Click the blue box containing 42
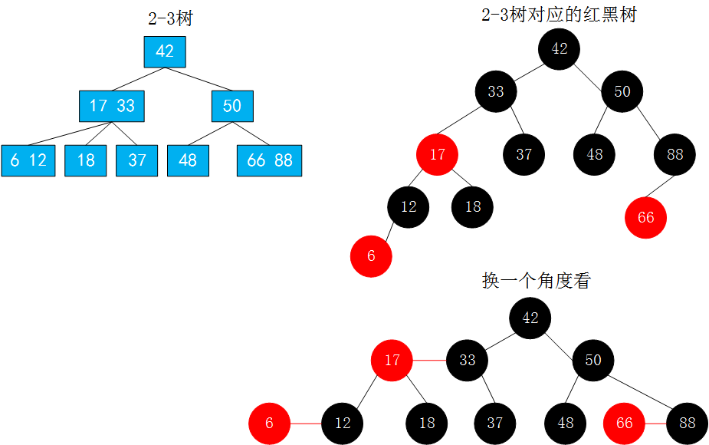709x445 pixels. tap(165, 51)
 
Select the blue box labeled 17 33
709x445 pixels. tap(112, 106)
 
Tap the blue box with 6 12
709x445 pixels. tap(28, 160)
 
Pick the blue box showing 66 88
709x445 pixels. tap(270, 160)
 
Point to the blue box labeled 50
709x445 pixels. tap(232, 106)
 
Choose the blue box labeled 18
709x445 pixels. tap(85, 160)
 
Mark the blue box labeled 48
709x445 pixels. tap(188, 160)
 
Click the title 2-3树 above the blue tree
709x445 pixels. tap(170, 18)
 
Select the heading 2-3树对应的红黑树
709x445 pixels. tap(559, 14)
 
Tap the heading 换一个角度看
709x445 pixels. tap(537, 280)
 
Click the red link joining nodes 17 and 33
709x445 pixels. tap(429, 359)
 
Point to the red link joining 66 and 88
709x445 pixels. tap(655, 423)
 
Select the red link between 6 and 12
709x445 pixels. tap(306, 423)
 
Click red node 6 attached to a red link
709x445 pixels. tap(269, 423)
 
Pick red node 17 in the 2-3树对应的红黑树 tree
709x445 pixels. tap(437, 154)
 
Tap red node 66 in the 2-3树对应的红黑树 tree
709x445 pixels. tap(645, 217)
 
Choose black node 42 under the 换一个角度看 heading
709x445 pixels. tap(530, 318)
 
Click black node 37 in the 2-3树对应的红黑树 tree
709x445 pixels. tap(524, 154)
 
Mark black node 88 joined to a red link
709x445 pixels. tap(688, 423)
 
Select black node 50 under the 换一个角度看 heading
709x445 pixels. tap(593, 359)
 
